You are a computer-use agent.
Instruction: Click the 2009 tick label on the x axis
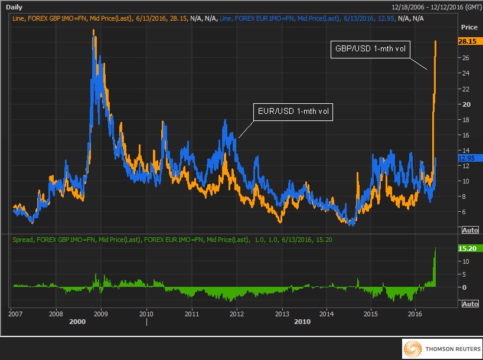tap(101, 313)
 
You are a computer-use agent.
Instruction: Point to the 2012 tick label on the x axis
tap(237, 313)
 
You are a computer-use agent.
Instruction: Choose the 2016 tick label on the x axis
tap(415, 313)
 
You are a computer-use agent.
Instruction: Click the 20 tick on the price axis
tap(465, 104)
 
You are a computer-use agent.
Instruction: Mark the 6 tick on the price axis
tap(464, 211)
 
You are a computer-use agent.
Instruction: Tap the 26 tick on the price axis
tap(465, 58)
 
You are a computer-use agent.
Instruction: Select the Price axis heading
tap(469, 28)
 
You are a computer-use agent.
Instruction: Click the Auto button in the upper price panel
tap(469, 229)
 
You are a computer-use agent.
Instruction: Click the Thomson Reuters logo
tap(441, 349)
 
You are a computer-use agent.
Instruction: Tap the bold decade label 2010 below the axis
tap(302, 322)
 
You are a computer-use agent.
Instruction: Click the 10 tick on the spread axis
tap(465, 261)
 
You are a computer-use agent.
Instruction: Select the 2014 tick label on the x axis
tap(326, 313)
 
